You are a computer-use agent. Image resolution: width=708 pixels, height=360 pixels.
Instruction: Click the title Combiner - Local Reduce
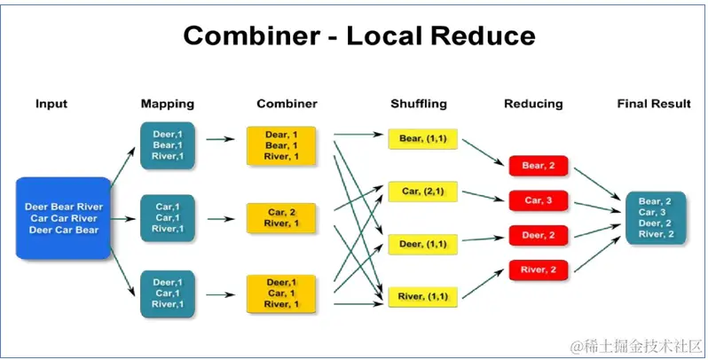[358, 35]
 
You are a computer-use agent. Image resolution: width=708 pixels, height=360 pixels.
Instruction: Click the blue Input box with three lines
[64, 218]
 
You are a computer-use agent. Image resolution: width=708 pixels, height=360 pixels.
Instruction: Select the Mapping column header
[167, 104]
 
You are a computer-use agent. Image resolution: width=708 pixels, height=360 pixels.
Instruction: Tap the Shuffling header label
[419, 104]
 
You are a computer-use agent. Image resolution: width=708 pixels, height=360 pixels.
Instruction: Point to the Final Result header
[654, 104]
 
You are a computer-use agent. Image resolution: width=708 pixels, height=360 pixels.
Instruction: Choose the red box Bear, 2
[538, 166]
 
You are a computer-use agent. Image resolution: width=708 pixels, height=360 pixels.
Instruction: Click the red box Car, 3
[538, 200]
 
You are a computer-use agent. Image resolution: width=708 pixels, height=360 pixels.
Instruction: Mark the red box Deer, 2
[538, 235]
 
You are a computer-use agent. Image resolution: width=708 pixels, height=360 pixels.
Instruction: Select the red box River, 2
[538, 269]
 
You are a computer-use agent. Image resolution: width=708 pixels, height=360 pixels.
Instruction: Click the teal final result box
[656, 218]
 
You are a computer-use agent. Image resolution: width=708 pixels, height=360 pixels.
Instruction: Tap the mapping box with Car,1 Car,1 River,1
[167, 218]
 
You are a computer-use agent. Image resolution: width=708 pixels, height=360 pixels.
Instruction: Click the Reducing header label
[533, 104]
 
